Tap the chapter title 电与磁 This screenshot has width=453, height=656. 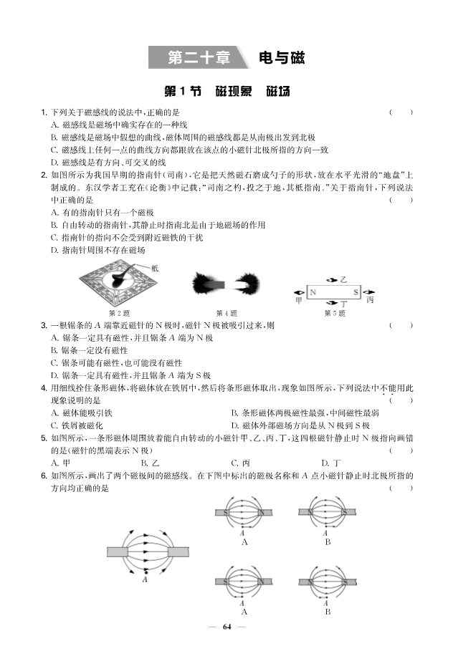click(x=281, y=57)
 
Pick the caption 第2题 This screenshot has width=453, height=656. click(x=119, y=314)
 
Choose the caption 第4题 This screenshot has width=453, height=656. click(x=226, y=314)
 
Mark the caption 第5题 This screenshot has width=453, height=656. click(x=334, y=314)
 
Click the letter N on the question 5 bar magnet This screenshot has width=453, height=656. click(x=313, y=292)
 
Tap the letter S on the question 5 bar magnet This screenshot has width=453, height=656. click(x=356, y=292)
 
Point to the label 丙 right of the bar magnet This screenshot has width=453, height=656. click(x=370, y=300)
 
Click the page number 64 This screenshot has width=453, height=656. click(x=226, y=627)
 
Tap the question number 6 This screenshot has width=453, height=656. click(x=44, y=476)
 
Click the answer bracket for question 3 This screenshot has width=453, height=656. click(x=401, y=325)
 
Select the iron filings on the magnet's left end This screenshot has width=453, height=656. click(x=204, y=284)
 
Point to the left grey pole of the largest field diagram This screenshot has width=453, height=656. click(x=117, y=551)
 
